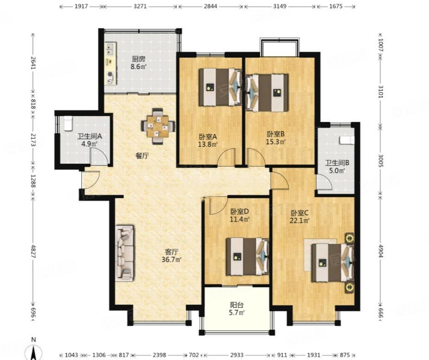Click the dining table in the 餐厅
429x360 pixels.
(158, 126)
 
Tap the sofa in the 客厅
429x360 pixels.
(125, 253)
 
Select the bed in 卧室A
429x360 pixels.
(220, 87)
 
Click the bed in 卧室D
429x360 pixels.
(247, 257)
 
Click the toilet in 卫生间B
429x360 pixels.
(347, 140)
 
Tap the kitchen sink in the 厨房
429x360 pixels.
(110, 48)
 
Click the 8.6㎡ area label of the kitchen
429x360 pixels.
(138, 66)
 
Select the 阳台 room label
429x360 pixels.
(237, 305)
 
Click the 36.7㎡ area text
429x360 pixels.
(171, 259)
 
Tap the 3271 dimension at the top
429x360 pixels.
(140, 6)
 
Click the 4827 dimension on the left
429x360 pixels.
(33, 251)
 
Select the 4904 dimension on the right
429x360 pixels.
(381, 251)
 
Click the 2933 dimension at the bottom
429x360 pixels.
(237, 355)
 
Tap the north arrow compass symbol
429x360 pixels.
(33, 352)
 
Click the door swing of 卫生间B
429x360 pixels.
(324, 182)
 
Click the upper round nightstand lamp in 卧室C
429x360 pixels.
(350, 238)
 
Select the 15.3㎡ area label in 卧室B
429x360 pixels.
(276, 142)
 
